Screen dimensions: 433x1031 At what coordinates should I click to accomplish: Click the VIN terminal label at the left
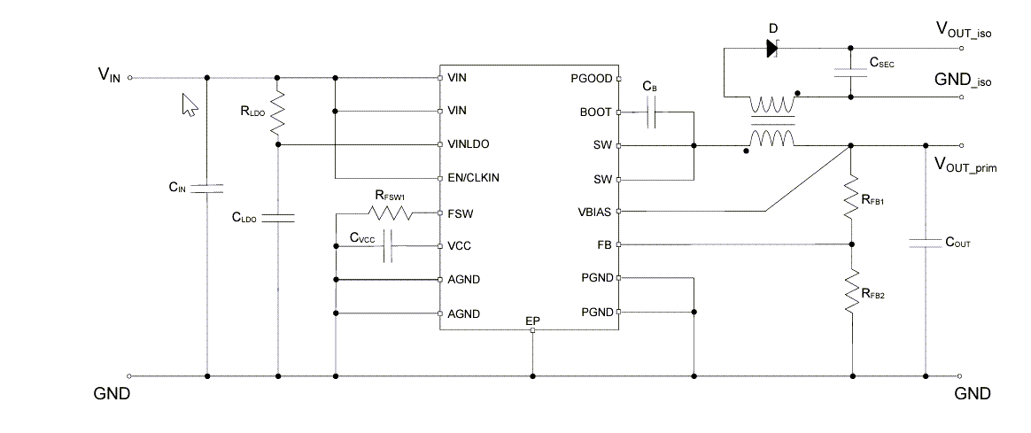[108, 76]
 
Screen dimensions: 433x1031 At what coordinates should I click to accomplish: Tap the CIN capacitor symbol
[207, 188]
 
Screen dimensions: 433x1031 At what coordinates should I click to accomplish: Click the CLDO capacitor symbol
[278, 217]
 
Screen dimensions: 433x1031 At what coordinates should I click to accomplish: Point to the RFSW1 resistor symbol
[390, 213]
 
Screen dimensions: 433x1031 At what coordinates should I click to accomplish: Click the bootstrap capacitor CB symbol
[651, 112]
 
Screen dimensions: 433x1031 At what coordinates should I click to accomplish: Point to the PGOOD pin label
[591, 78]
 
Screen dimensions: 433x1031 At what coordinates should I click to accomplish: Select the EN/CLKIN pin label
[474, 177]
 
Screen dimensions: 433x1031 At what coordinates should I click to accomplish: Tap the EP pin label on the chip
[532, 320]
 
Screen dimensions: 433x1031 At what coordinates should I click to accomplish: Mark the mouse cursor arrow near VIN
[189, 105]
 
